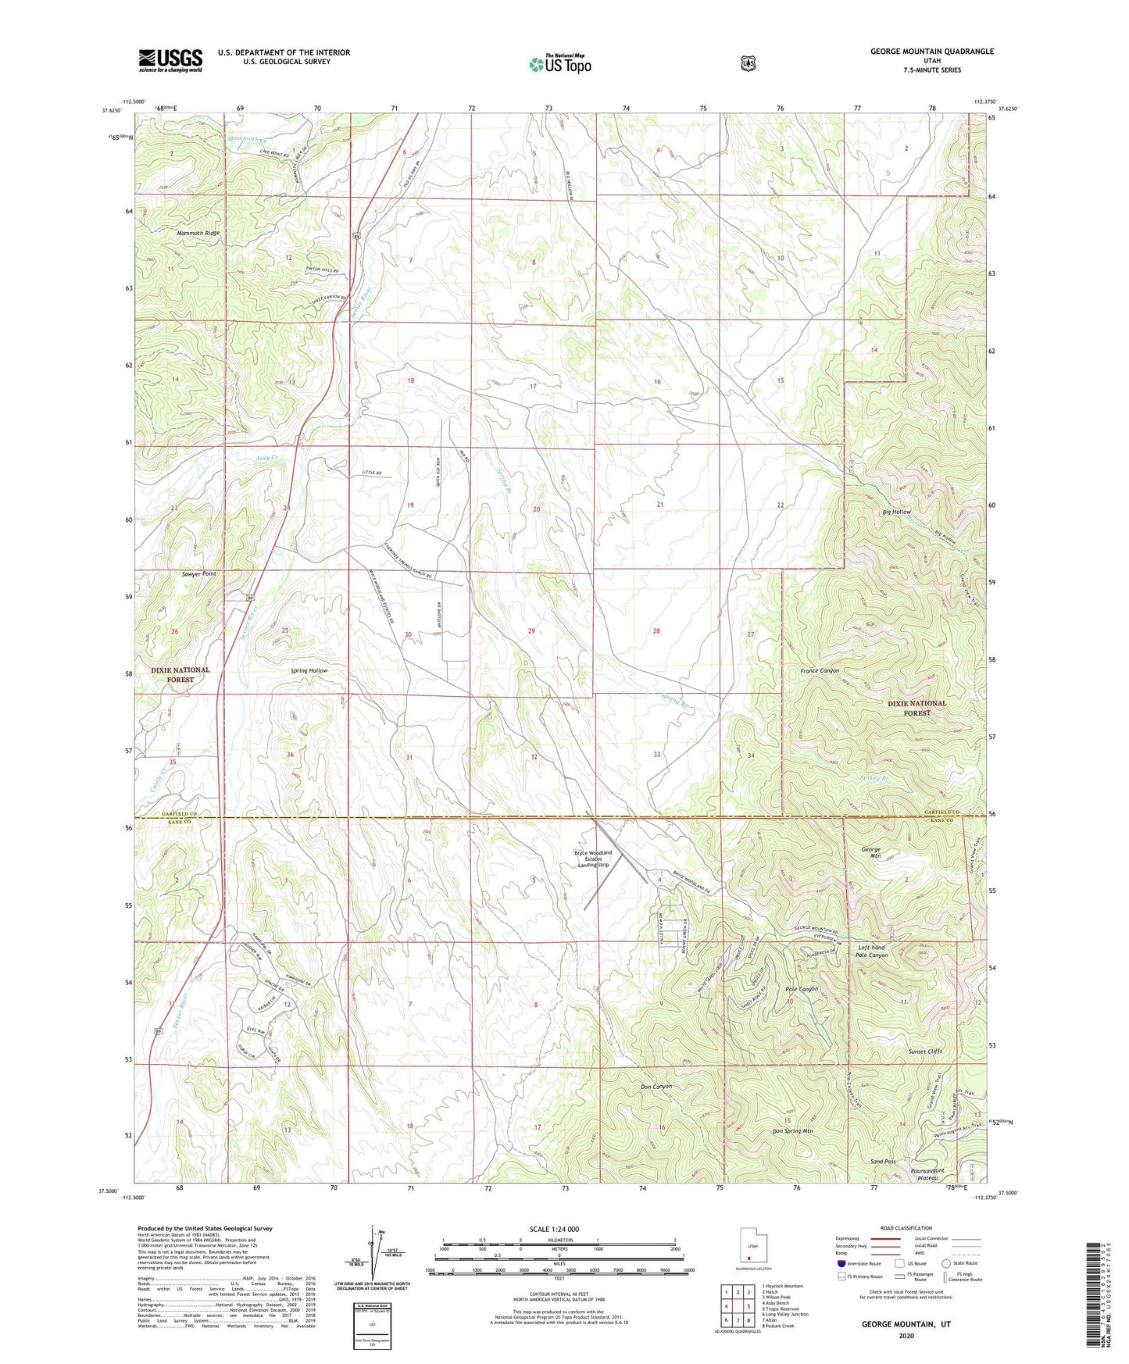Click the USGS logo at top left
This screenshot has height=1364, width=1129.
pos(170,60)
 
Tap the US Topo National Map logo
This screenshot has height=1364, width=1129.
pos(559,63)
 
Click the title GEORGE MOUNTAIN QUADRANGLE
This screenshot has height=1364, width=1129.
pos(931,52)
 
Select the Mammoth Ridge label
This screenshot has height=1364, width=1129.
pos(198,233)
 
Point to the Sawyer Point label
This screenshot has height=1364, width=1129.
pos(198,573)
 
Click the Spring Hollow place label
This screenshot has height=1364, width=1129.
pos(309,671)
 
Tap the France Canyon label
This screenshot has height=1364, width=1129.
pos(819,671)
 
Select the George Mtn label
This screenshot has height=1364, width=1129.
pos(871,852)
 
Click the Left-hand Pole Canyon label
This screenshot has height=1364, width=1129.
pos(871,951)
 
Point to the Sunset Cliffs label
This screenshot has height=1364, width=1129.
pos(925,1052)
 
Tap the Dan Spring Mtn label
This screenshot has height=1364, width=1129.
pos(793,1130)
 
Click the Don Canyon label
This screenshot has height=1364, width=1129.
pos(656,1087)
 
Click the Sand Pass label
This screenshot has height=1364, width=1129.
pos(883,1162)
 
